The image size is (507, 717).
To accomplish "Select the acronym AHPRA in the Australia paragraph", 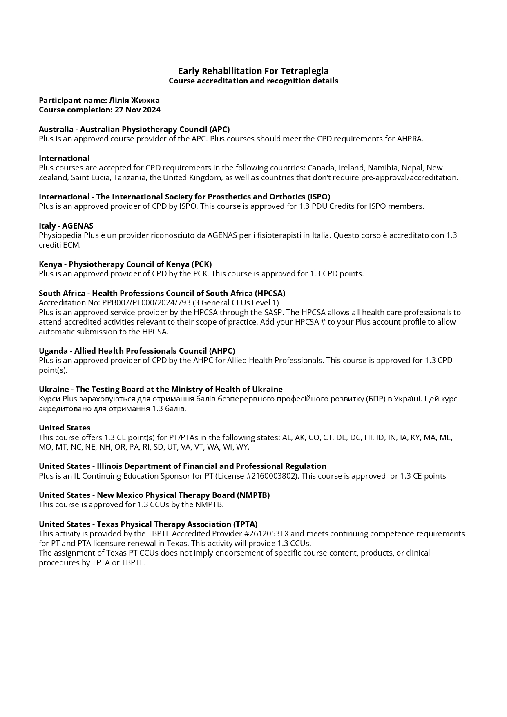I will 409,139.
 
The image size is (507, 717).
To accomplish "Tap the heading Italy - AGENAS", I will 66,226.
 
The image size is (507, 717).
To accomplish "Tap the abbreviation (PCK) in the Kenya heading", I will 201,264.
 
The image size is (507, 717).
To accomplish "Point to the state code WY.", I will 242,447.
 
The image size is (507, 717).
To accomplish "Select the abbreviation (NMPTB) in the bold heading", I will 253,495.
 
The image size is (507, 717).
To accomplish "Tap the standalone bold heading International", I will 64,158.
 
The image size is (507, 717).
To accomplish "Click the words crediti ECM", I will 59,245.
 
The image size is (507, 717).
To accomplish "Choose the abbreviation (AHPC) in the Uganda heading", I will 222,351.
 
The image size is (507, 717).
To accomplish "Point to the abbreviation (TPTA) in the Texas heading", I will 244,524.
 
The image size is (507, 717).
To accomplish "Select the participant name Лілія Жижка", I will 134,100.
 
